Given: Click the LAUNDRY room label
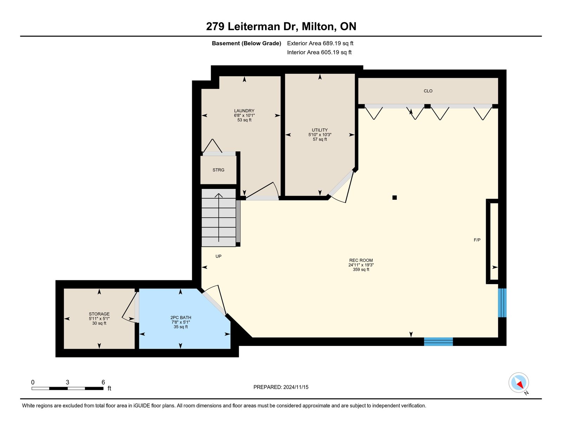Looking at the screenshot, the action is [244, 111].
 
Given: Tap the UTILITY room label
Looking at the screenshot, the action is [320, 130].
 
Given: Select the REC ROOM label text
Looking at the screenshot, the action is [361, 260].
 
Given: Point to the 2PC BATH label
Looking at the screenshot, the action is [181, 317].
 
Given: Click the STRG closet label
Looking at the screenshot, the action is [218, 170].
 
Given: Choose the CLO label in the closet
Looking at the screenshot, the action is [428, 91].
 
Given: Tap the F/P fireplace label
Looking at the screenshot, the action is [477, 240].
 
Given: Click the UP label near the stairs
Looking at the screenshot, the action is [218, 256].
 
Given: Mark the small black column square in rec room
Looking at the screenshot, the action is [394, 197].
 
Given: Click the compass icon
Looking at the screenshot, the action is [518, 383].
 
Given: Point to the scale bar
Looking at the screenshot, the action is [67, 388].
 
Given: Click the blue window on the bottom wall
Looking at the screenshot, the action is [438, 341].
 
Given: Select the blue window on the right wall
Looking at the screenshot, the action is [502, 303].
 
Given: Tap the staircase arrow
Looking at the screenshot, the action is [219, 218].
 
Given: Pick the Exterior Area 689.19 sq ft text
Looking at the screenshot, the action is [320, 43].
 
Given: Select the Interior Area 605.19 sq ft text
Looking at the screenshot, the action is [319, 52].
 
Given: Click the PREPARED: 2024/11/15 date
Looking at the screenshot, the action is [281, 387].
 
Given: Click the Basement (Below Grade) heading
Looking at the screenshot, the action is [247, 43].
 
